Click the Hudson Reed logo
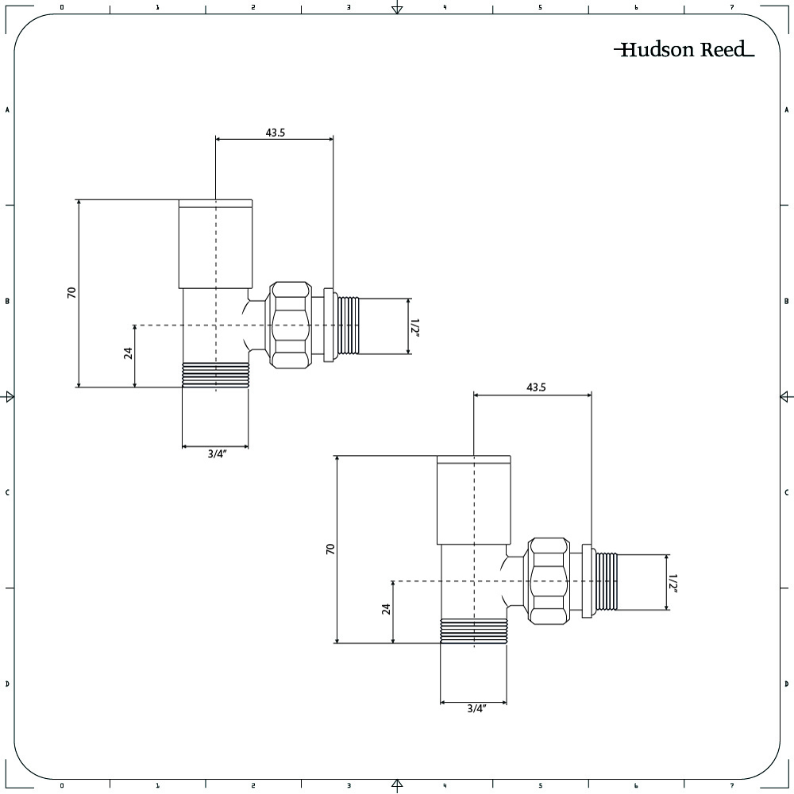[x=684, y=49]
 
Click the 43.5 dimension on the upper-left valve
[x=276, y=133]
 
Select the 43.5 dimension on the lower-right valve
[x=536, y=387]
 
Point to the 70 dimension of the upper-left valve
[x=72, y=292]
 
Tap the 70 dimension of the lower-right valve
[x=330, y=549]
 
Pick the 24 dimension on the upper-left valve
[x=128, y=353]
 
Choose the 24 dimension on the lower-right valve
[x=387, y=609]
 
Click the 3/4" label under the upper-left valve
[x=217, y=453]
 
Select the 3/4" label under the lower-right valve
[x=476, y=709]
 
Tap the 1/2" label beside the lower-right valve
[x=673, y=584]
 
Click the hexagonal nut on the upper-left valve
[x=289, y=325]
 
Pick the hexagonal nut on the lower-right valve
[x=549, y=581]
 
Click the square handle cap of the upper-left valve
[x=215, y=244]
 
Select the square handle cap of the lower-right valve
[x=474, y=500]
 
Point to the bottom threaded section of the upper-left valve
[x=215, y=376]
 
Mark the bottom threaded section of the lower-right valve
[x=474, y=631]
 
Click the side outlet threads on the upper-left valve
[x=348, y=325]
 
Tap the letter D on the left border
[x=7, y=684]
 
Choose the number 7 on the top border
[x=732, y=7]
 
